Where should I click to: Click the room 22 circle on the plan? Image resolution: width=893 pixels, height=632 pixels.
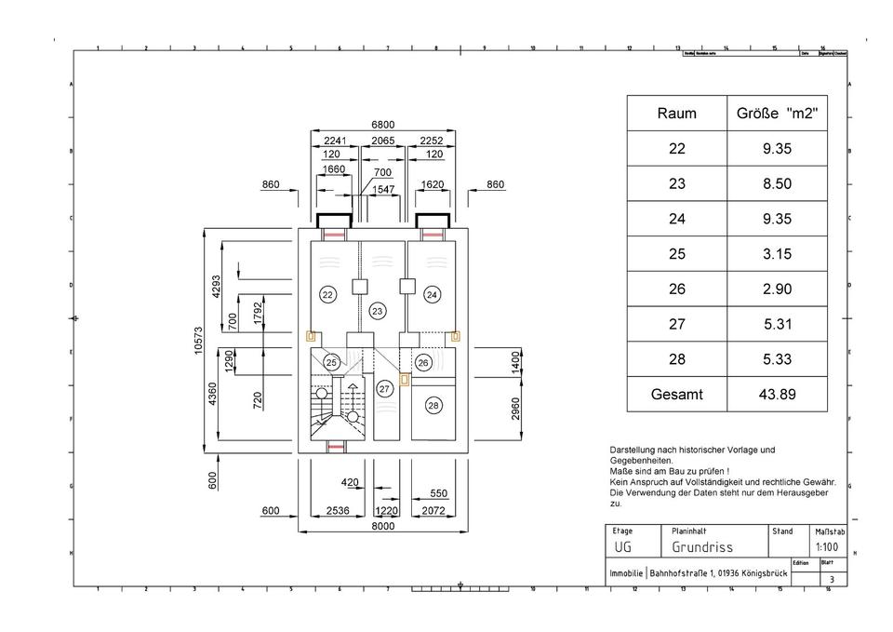point(327,294)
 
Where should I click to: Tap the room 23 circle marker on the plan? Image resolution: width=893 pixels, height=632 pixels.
point(377,311)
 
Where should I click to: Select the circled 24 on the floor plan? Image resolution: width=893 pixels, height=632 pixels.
point(432,294)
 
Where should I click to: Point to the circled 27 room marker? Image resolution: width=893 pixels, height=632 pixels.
point(384,389)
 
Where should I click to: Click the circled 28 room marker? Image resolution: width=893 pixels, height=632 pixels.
point(433,405)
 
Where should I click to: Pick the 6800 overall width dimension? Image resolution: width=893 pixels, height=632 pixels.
point(382,124)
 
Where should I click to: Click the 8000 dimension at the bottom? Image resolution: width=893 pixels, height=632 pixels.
point(382,526)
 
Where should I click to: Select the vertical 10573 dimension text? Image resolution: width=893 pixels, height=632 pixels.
point(197,342)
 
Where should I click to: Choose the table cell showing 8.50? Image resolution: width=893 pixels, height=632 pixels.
point(776,184)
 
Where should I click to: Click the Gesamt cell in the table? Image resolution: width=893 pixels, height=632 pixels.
point(676,395)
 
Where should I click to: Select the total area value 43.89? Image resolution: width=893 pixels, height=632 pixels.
point(776,395)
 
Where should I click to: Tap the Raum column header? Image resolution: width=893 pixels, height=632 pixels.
point(676,114)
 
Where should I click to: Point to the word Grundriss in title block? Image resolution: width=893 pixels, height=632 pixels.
point(702,547)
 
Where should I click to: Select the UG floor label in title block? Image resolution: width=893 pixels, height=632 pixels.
point(622,547)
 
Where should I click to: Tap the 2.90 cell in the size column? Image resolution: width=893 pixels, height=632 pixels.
point(776,289)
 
